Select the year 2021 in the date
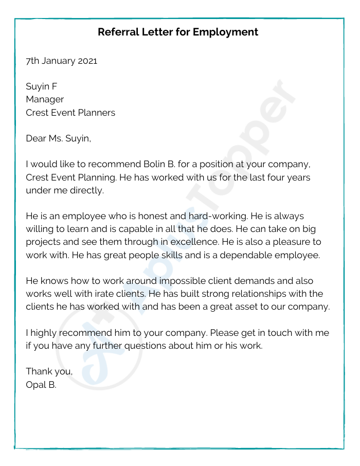pos(87,61)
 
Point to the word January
pos(58,61)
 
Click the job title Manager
pos(45,99)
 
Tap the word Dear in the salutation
pos(37,138)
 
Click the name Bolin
pos(139,165)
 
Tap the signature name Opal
pos(35,384)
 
